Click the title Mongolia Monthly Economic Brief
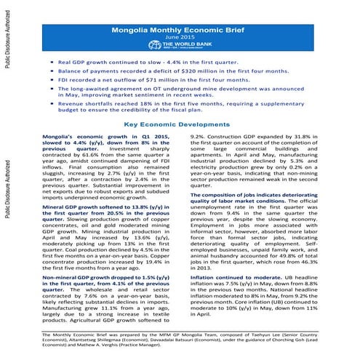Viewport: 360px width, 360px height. tap(180, 31)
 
